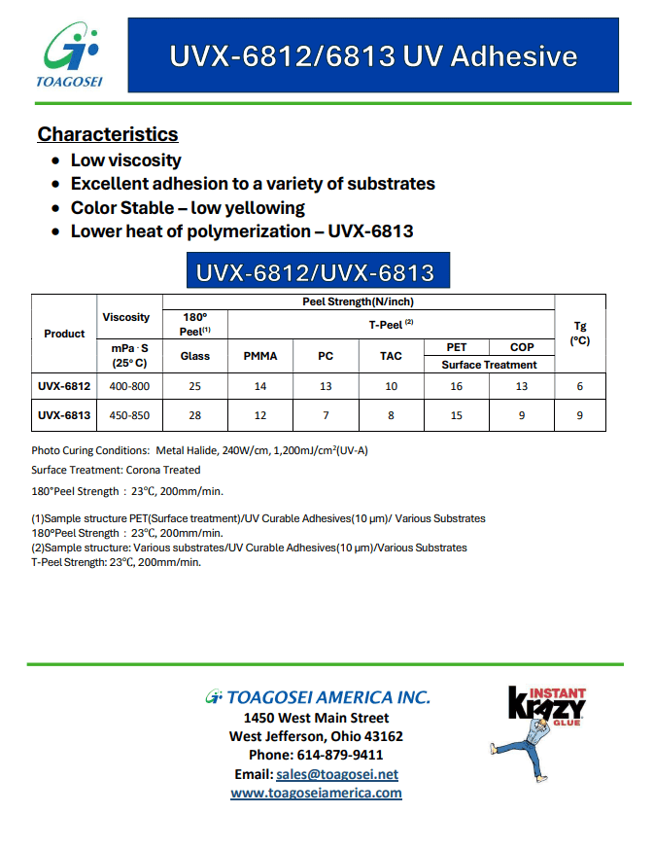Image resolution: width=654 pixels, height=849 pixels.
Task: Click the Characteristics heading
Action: point(108,134)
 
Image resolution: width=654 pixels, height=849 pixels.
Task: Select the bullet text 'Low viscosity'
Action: point(125,160)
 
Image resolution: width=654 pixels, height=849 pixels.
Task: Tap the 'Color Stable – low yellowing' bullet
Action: point(188,208)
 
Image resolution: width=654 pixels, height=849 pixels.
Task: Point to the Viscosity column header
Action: point(126,317)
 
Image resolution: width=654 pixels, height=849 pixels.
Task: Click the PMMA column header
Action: point(259,356)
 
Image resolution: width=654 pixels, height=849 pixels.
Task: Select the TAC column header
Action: point(391,356)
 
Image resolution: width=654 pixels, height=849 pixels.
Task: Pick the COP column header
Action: point(522,347)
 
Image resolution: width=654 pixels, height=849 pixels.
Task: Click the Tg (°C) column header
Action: point(580,334)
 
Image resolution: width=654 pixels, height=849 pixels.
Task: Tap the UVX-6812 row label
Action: point(64,386)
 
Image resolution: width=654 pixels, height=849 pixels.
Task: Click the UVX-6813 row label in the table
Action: point(64,415)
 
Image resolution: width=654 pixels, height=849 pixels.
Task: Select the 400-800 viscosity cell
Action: point(129,386)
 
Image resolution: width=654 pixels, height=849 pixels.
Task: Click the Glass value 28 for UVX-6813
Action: point(194,415)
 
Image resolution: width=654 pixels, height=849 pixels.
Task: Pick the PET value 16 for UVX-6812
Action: point(457,386)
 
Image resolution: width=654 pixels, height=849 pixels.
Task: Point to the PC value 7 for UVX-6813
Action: point(326,415)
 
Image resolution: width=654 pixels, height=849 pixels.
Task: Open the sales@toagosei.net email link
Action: point(337,774)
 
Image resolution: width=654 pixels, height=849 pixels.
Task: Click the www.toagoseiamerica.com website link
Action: point(316,793)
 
